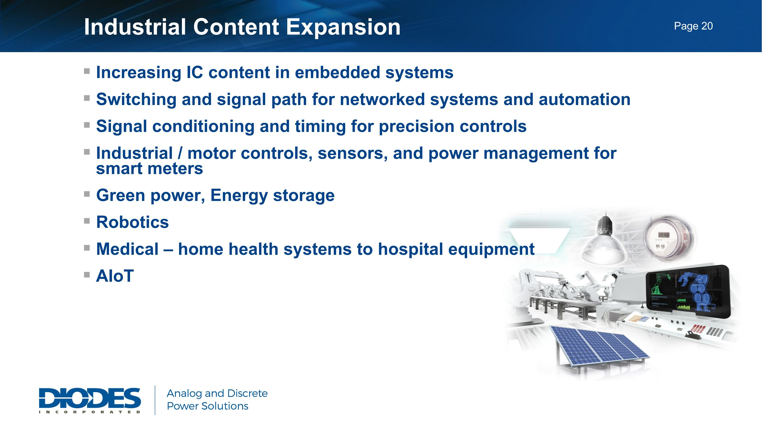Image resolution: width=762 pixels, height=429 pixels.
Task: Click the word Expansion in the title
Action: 343,27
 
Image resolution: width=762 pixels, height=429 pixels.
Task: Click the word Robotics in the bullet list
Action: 132,222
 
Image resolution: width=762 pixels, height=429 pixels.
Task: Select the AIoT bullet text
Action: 115,276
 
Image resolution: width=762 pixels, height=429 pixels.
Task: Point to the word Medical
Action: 127,249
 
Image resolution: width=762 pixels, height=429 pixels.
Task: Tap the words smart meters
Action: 149,169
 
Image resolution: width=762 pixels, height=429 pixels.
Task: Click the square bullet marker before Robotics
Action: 87,221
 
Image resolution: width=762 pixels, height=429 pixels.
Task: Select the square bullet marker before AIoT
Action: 87,275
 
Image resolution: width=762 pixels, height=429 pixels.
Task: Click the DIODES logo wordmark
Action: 90,398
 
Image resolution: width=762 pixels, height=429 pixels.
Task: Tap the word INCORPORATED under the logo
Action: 90,412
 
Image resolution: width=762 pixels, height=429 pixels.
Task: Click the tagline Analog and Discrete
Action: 217,393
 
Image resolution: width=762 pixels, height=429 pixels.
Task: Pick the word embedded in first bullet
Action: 337,73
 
